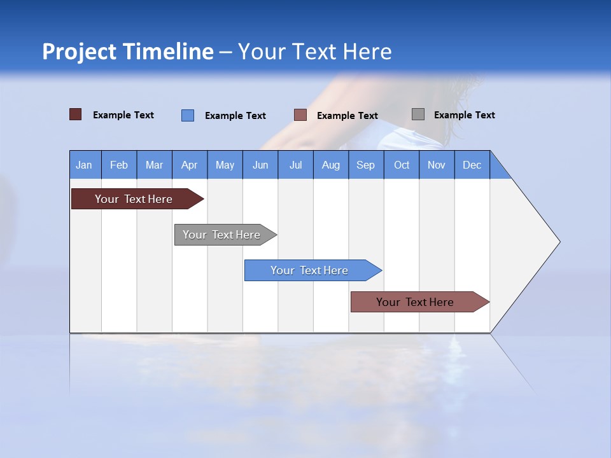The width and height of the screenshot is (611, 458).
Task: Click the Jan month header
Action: click(x=85, y=165)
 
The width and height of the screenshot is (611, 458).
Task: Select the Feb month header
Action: click(x=119, y=165)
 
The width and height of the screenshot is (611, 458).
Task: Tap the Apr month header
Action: click(x=190, y=165)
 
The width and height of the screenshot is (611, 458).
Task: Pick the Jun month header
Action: click(x=260, y=165)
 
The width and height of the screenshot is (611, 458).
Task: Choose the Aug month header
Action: click(x=331, y=165)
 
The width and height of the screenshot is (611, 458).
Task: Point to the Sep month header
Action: click(x=366, y=165)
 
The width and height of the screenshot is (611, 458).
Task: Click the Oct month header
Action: click(x=402, y=165)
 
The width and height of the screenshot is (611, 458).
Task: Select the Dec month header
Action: click(x=472, y=165)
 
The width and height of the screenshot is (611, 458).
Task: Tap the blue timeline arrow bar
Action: click(x=310, y=270)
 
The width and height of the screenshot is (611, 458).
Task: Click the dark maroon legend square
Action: click(x=75, y=114)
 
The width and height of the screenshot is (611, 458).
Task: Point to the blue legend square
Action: click(x=188, y=115)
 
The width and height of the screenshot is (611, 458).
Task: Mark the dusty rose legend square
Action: click(x=300, y=115)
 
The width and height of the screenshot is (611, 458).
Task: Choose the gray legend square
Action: click(x=418, y=114)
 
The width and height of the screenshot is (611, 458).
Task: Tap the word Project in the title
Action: click(x=79, y=52)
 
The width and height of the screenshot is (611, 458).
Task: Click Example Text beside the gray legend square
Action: click(x=464, y=115)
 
